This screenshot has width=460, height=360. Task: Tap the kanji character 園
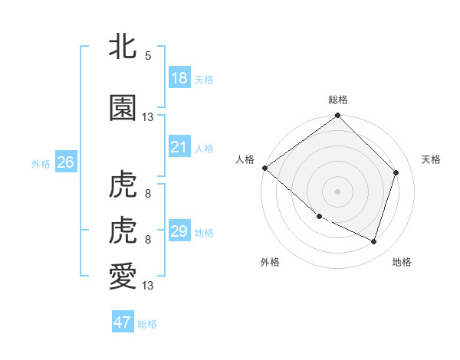[x=123, y=108]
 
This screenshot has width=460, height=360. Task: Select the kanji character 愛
[x=123, y=276]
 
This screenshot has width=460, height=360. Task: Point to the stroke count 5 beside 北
[x=147, y=56]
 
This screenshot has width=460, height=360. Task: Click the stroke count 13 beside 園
[x=148, y=117]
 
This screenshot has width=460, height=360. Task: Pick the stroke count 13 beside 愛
[x=148, y=286]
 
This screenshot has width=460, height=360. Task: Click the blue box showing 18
[x=179, y=77]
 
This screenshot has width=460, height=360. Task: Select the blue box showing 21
[x=179, y=146]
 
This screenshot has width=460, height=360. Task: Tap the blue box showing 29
[x=179, y=231]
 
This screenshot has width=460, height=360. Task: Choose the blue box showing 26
[x=65, y=162]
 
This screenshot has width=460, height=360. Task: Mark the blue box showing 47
[x=122, y=322]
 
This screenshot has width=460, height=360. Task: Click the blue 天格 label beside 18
[x=203, y=80]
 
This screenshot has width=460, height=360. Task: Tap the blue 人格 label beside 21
[x=203, y=149]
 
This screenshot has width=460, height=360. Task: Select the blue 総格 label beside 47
[x=147, y=324]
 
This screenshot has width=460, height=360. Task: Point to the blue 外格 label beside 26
[x=41, y=164]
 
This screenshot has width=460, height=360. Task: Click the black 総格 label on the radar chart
[x=337, y=100]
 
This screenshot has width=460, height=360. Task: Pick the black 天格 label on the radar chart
[x=432, y=159]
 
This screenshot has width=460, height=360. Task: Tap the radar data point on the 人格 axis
[x=264, y=168]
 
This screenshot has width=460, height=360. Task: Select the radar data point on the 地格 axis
[x=374, y=242]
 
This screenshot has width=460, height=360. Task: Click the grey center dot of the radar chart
[x=337, y=191]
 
